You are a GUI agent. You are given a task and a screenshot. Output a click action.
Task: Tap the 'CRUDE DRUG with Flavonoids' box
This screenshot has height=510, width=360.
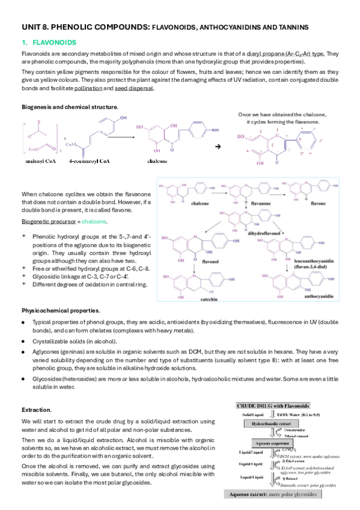point(280,407)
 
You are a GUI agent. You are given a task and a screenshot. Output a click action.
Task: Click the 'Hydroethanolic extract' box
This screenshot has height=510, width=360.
point(279,423)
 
